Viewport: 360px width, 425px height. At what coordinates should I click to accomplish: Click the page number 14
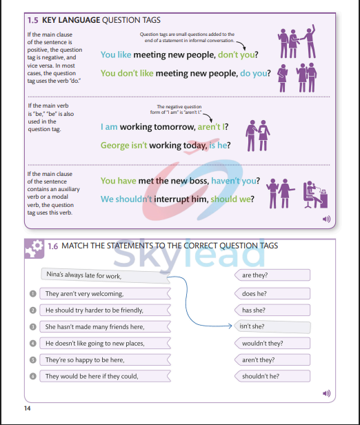(27, 409)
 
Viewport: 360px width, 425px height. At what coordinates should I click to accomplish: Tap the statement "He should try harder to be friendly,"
(94, 310)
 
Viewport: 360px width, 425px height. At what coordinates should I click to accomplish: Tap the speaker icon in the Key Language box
(326, 219)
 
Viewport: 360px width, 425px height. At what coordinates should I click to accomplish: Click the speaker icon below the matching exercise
(326, 393)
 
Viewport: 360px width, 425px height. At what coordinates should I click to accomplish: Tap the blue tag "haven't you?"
(235, 181)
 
